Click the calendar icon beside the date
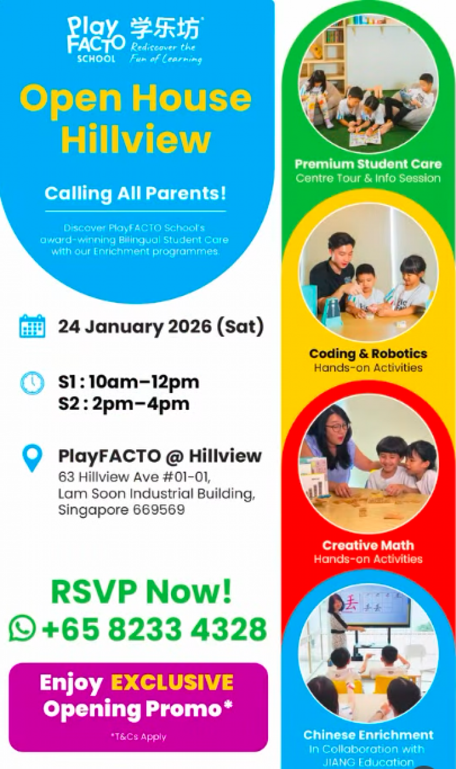(32, 326)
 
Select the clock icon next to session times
(32, 383)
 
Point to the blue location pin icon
(32, 457)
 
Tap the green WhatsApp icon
(22, 628)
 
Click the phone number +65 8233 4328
(154, 628)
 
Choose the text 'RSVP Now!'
(141, 592)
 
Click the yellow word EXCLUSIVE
(172, 682)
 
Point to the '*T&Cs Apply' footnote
(138, 737)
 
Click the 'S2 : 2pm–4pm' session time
(124, 404)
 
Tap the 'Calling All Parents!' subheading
(135, 193)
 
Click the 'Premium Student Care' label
(368, 164)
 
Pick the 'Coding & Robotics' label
(368, 354)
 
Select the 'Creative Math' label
(368, 545)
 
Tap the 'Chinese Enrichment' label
(368, 735)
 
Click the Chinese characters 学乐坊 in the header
(166, 29)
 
